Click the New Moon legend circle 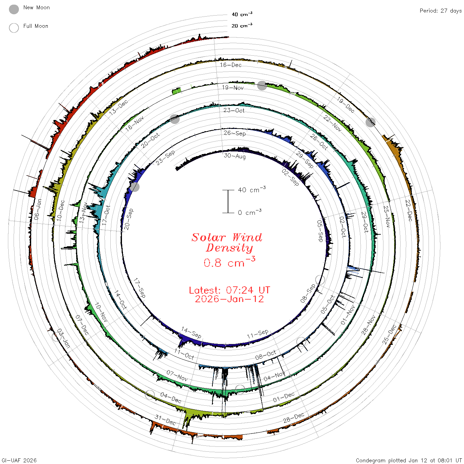click(14, 9)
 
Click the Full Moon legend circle click(14, 28)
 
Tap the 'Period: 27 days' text click(440, 11)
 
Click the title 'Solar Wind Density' click(227, 243)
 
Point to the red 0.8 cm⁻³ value click(229, 262)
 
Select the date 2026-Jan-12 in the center click(229, 299)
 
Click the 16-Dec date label click(230, 65)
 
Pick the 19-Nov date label click(233, 87)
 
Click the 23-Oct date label click(234, 110)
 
